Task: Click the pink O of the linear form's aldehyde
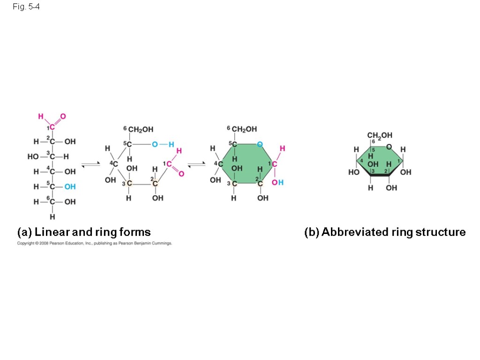pyautogui.click(x=63, y=116)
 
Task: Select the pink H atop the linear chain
pyautogui.click(x=41, y=116)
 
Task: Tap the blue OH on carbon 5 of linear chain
pyautogui.click(x=70, y=187)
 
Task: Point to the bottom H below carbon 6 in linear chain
pyautogui.click(x=52, y=217)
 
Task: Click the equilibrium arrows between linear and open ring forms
pyautogui.click(x=91, y=164)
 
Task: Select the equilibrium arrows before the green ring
pyautogui.click(x=196, y=164)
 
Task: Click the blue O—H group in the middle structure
pyautogui.click(x=162, y=144)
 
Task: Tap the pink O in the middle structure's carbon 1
pyautogui.click(x=181, y=174)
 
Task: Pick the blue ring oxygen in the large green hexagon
pyautogui.click(x=260, y=143)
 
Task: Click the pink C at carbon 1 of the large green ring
pyautogui.click(x=274, y=164)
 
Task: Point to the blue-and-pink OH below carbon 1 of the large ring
pyautogui.click(x=277, y=182)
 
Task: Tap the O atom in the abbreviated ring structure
pyautogui.click(x=389, y=147)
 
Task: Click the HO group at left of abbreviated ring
pyautogui.click(x=353, y=172)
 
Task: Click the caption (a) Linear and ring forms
pyautogui.click(x=84, y=232)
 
